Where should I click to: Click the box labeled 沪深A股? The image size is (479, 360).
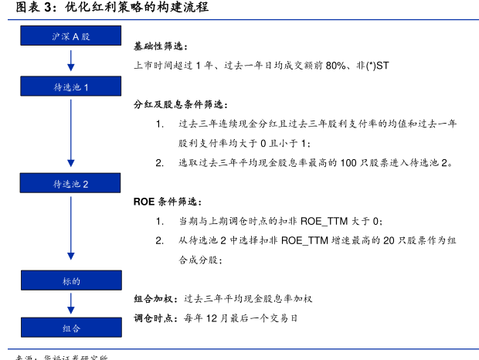[x=71, y=36]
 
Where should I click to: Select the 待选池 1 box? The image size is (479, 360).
[x=71, y=87]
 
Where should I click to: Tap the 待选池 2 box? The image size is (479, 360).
[x=71, y=184]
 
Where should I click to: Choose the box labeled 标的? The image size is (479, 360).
[x=71, y=281]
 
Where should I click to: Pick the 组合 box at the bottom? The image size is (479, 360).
[x=71, y=328]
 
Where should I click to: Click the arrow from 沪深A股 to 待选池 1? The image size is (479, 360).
[x=71, y=61]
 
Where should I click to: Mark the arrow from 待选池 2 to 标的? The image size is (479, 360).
[x=71, y=233]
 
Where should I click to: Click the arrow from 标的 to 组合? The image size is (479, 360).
[x=71, y=304]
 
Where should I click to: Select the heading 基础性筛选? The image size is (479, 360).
[x=160, y=47]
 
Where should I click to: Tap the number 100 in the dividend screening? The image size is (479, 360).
[x=348, y=163]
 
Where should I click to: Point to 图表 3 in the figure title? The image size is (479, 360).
[x=32, y=8]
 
